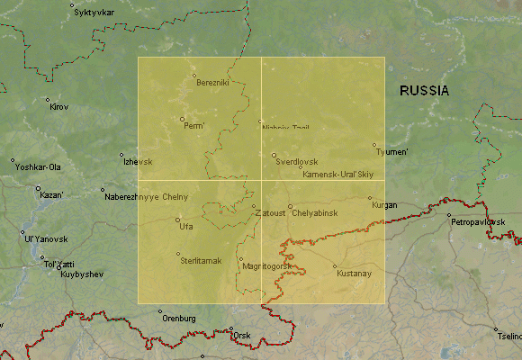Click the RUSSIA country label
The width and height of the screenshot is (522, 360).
(425, 91)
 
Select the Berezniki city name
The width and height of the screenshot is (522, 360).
(213, 83)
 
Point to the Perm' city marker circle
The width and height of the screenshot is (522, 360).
(182, 119)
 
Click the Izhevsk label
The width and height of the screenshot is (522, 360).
(138, 162)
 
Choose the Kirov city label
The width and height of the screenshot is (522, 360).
(59, 107)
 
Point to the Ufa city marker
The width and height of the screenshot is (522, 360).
(177, 220)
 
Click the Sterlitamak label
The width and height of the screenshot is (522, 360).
(202, 260)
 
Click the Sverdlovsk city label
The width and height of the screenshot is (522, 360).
(297, 162)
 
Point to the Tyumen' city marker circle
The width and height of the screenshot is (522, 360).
(374, 144)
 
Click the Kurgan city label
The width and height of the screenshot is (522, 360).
(384, 205)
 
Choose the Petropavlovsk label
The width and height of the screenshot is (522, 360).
(479, 221)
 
